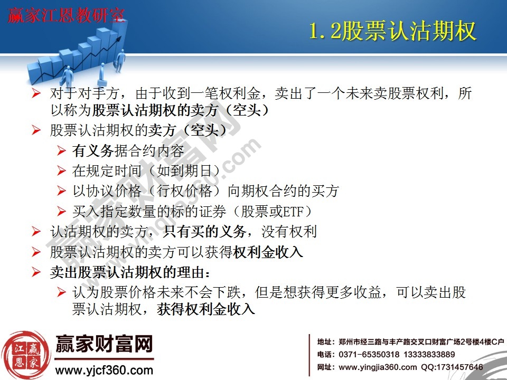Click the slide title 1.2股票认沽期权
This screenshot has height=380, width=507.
coord(392,32)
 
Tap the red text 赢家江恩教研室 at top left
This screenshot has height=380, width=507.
coord(66,16)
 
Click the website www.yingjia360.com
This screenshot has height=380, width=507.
coord(377,367)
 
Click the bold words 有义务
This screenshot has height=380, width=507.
coord(93,151)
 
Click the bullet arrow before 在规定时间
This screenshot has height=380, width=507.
coord(62,171)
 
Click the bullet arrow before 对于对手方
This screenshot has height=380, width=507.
coord(36,94)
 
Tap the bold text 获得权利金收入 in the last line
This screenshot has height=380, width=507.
coord(206,309)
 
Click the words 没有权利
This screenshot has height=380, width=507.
coord(293,232)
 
